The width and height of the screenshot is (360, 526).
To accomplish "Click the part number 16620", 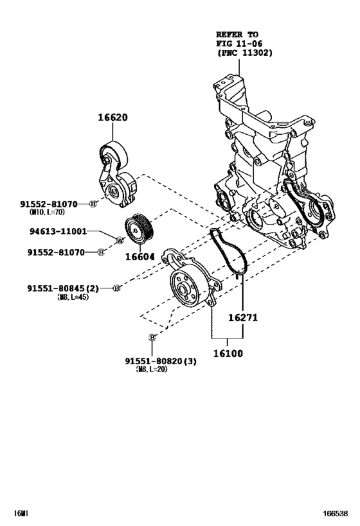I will click(x=113, y=118).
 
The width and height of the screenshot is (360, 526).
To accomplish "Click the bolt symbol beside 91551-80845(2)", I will click(x=116, y=288).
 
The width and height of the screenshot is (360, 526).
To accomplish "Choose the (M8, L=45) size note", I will click(x=73, y=297).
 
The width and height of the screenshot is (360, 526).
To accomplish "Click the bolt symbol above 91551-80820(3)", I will click(x=152, y=337).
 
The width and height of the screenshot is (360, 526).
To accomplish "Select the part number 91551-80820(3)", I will click(x=161, y=360).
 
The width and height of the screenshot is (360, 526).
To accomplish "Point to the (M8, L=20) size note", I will click(x=152, y=369).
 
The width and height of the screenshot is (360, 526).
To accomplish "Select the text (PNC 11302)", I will click(x=245, y=53).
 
